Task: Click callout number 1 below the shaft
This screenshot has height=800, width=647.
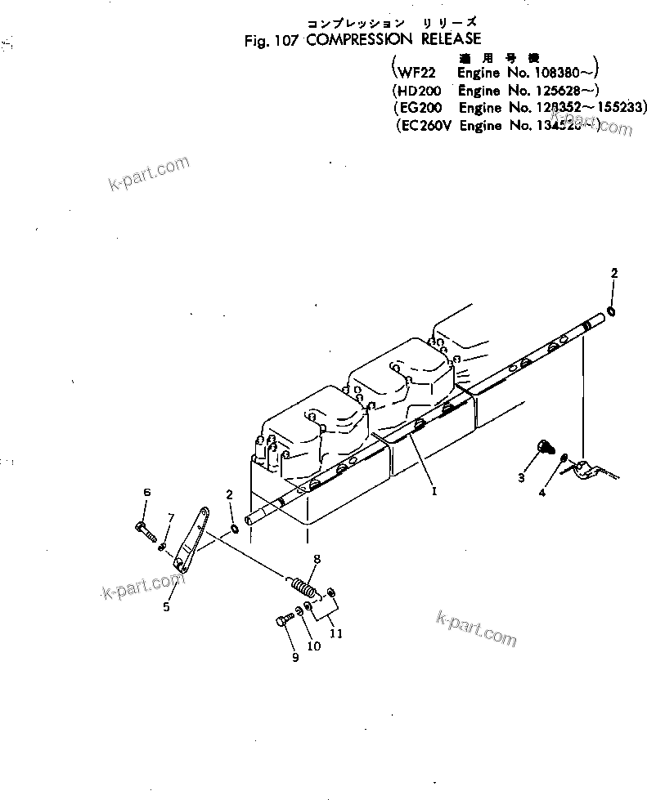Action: pyautogui.click(x=434, y=492)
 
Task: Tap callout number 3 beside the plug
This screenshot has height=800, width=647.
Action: pyautogui.click(x=521, y=478)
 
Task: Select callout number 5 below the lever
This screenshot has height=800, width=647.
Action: pyautogui.click(x=166, y=607)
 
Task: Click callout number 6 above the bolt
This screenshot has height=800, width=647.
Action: pyautogui.click(x=147, y=492)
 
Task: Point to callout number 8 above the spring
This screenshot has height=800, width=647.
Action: pyautogui.click(x=317, y=559)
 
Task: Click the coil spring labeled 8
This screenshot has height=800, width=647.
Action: pyautogui.click(x=303, y=587)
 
